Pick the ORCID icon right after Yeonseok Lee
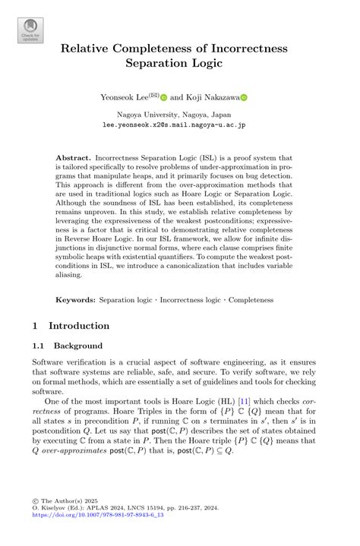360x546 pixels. click(x=163, y=97)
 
